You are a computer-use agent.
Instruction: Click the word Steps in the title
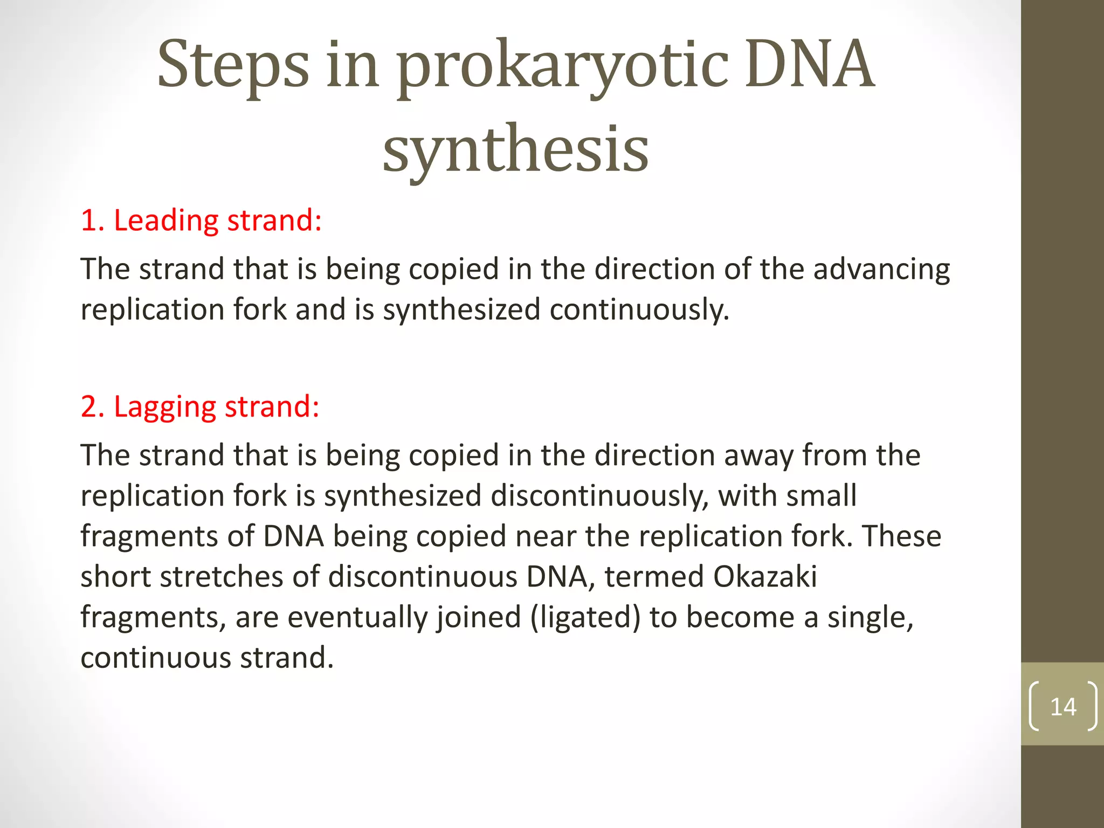click(x=233, y=66)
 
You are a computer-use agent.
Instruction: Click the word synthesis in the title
click(x=515, y=149)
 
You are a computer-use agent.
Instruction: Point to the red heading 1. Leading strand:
click(x=201, y=220)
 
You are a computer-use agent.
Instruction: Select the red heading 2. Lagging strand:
click(x=200, y=406)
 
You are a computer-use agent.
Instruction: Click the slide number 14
click(x=1063, y=707)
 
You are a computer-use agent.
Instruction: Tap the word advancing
click(x=881, y=269)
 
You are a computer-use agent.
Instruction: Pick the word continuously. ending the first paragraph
click(x=639, y=310)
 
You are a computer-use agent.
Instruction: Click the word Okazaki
click(x=765, y=576)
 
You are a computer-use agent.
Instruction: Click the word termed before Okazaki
click(x=654, y=576)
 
